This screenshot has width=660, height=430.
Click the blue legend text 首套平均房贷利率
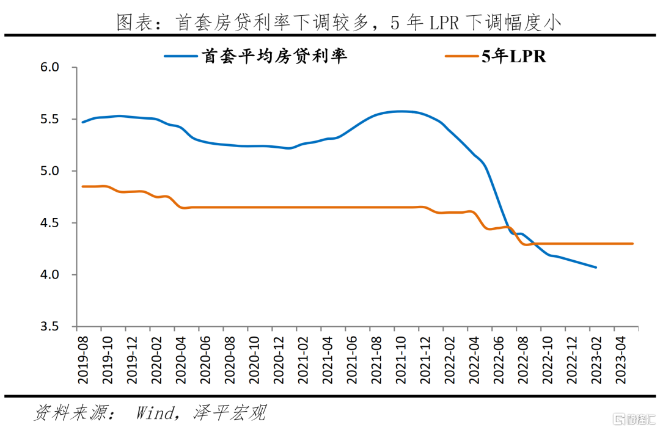coord(274,57)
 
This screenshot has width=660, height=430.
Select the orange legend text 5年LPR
coord(514,57)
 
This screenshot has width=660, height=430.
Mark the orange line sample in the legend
coord(462,57)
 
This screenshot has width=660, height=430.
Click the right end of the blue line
coord(596,267)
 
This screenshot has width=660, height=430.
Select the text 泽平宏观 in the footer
coord(230,413)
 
